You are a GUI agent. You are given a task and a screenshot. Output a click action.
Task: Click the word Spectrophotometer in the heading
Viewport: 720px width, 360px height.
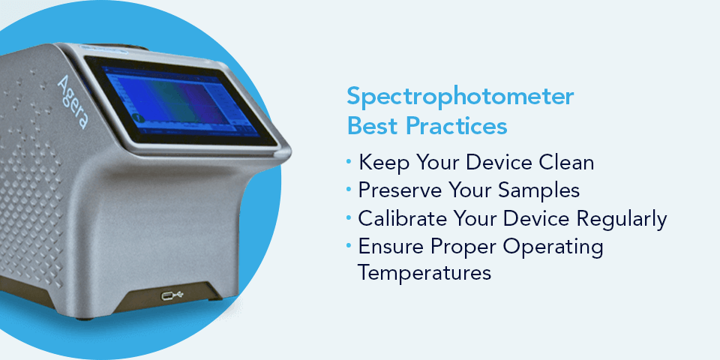pyautogui.click(x=460, y=97)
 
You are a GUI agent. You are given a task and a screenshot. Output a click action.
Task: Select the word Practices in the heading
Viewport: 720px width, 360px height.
pyautogui.click(x=456, y=126)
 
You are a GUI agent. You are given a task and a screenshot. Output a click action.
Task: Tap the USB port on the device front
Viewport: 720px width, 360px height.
pyautogui.click(x=172, y=295)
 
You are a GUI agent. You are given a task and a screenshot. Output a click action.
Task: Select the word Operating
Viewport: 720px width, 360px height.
pyautogui.click(x=556, y=247)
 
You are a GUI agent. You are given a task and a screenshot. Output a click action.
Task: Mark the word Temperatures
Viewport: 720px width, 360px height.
pyautogui.click(x=424, y=272)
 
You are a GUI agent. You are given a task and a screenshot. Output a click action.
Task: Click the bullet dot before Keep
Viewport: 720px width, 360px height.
pyautogui.click(x=349, y=161)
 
